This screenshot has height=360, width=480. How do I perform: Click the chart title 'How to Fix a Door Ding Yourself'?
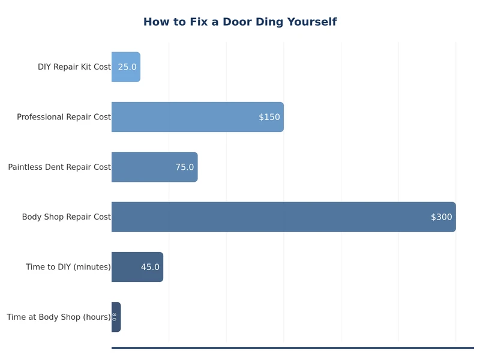click(240, 22)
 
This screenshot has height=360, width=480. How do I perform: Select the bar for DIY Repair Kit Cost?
click(125, 67)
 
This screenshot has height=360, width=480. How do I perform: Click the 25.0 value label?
click(127, 67)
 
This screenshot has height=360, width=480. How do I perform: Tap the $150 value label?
click(269, 117)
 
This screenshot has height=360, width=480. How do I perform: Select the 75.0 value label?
click(185, 167)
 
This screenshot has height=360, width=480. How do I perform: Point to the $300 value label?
click(442, 217)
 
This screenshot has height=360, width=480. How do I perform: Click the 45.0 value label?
click(150, 267)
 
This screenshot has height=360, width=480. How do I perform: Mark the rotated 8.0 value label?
click(114, 317)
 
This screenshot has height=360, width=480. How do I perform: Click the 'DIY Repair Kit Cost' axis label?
click(74, 67)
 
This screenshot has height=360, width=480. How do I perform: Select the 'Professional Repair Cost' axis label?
click(64, 117)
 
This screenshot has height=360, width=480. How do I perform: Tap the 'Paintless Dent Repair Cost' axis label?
click(59, 167)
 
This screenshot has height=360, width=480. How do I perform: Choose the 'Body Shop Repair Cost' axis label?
click(66, 217)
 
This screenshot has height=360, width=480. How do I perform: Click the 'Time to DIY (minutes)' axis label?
click(68, 267)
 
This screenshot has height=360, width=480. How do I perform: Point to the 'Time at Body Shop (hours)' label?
click(59, 317)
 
